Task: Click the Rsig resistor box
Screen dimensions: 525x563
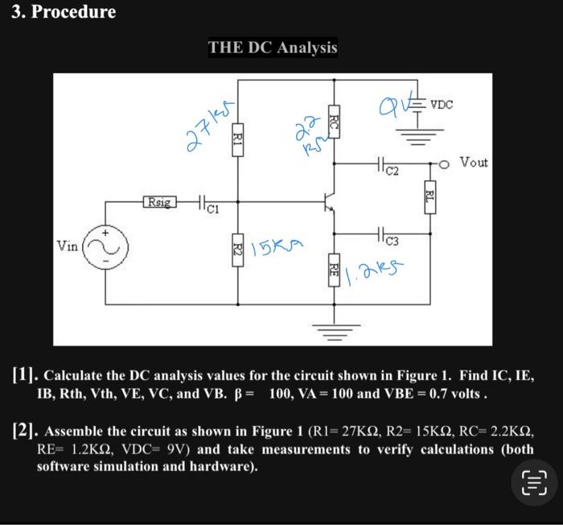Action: pyautogui.click(x=158, y=200)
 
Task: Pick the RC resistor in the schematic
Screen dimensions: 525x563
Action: pyautogui.click(x=335, y=123)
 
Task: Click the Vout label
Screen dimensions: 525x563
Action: pyautogui.click(x=474, y=163)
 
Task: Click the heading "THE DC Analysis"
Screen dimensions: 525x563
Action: pyautogui.click(x=273, y=48)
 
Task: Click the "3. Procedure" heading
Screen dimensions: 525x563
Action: pyautogui.click(x=64, y=12)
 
